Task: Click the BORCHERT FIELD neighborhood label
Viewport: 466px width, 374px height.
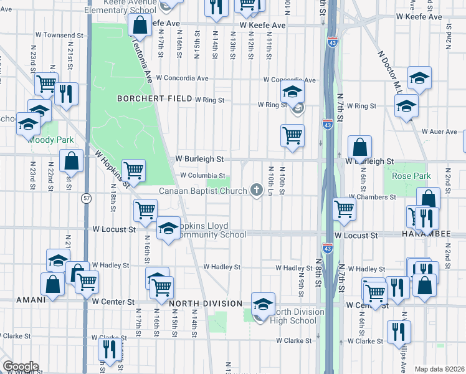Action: tap(153, 99)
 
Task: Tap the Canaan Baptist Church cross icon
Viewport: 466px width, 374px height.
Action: tap(256, 190)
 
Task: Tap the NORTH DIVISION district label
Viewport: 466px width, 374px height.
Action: tap(206, 304)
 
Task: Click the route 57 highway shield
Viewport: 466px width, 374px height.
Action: tap(87, 198)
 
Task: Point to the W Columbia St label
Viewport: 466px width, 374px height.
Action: tap(202, 176)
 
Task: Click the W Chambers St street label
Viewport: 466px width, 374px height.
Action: tap(372, 197)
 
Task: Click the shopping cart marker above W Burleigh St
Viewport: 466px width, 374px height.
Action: tap(292, 135)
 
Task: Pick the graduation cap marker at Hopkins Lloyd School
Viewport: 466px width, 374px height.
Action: tap(168, 229)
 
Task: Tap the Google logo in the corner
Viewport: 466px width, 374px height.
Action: tap(20, 367)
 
